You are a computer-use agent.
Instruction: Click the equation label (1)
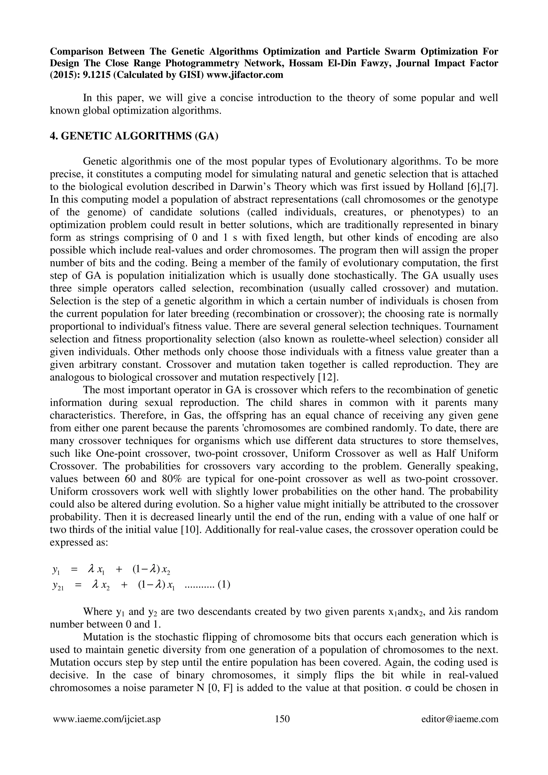coord(224,584)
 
